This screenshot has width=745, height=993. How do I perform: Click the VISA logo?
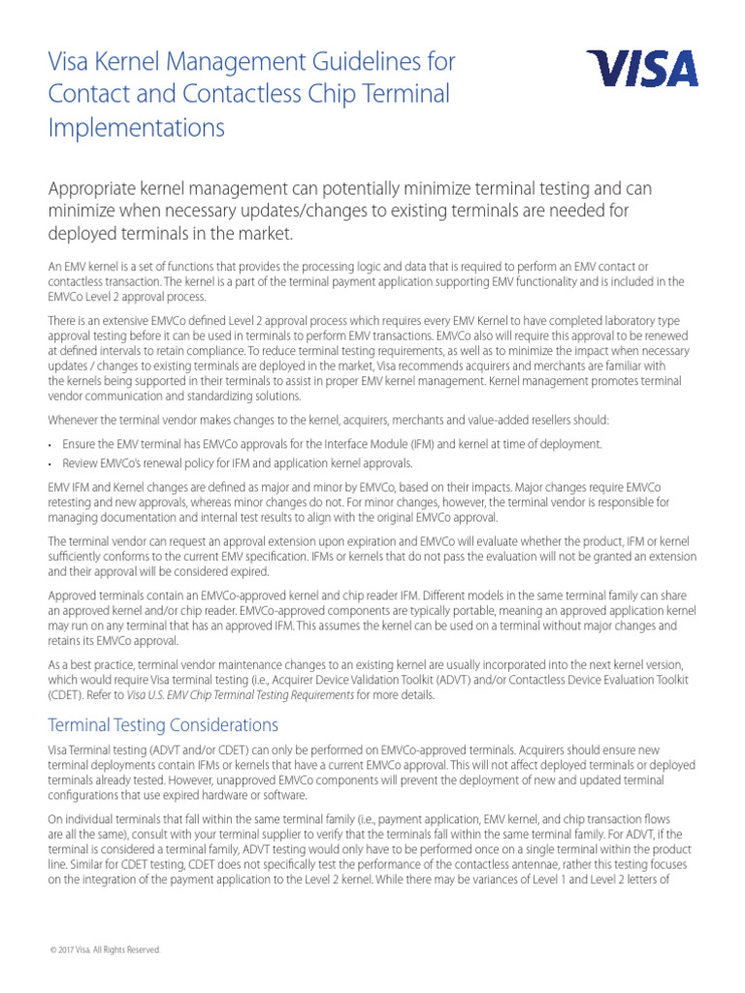[641, 70]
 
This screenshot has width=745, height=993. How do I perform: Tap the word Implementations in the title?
[136, 128]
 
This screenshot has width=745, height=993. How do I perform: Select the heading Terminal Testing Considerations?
[163, 725]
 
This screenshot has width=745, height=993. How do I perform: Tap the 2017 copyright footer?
[105, 949]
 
